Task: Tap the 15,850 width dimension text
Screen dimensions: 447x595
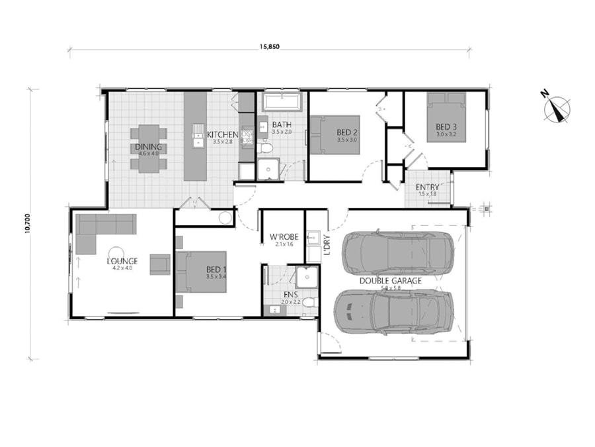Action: (x=270, y=46)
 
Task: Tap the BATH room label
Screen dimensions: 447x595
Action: (x=282, y=124)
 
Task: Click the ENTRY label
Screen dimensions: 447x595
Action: (x=428, y=187)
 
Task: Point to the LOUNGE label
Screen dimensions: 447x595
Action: (x=122, y=261)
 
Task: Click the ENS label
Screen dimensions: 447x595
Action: (x=290, y=295)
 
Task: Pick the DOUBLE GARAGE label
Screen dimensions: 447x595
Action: (x=390, y=280)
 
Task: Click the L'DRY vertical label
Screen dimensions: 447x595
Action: (x=326, y=246)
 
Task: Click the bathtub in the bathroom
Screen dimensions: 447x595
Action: (x=282, y=103)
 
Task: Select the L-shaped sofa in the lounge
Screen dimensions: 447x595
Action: (x=99, y=229)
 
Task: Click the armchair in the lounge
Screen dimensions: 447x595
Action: (x=159, y=264)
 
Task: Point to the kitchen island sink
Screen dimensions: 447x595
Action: (x=196, y=139)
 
